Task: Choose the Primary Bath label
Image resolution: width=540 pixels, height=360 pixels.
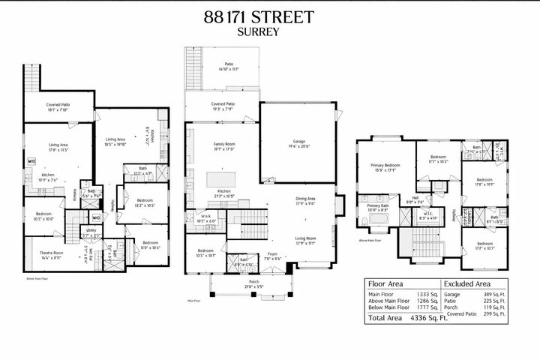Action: [x=378, y=207]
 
